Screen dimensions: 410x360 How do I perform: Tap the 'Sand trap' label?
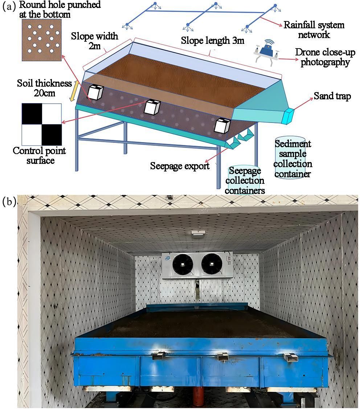click(x=332, y=96)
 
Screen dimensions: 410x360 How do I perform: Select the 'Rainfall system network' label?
click(x=314, y=30)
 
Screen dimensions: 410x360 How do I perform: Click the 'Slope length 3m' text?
click(x=213, y=40)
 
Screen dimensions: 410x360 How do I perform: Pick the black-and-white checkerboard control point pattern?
click(x=41, y=124)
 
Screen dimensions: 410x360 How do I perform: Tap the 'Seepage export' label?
click(x=180, y=166)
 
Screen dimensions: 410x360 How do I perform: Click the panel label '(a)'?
click(x=9, y=7)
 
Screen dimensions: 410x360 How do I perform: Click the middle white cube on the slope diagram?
click(x=153, y=107)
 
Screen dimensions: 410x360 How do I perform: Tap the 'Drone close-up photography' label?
click(x=322, y=57)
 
